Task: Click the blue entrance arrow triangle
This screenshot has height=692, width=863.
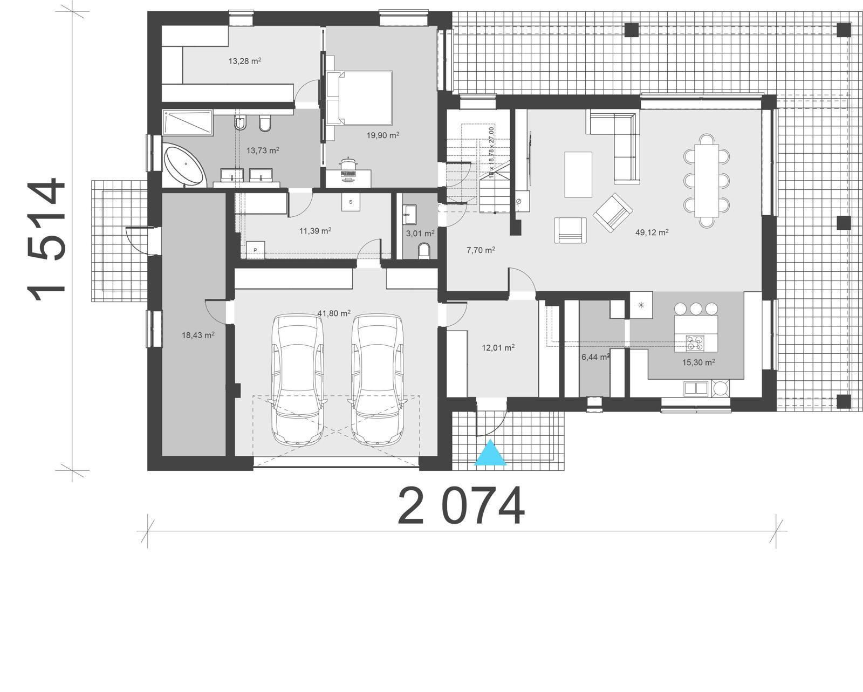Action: coord(490,454)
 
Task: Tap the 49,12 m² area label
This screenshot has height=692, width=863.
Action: coord(652,232)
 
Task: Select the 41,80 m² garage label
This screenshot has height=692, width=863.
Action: coord(334,313)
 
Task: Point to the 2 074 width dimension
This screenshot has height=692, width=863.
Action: coord(461,506)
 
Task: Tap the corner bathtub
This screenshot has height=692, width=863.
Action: coord(185,165)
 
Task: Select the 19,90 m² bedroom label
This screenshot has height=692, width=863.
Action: coord(383,135)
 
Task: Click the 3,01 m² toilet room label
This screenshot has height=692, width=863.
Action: coord(420,234)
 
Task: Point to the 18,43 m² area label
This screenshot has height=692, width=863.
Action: coord(198,335)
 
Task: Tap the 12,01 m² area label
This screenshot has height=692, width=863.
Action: coord(497,348)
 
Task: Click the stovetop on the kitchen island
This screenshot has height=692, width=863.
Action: coord(695,342)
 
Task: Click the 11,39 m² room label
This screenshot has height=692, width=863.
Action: coord(315,231)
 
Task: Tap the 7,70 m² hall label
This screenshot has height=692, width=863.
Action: coord(480,250)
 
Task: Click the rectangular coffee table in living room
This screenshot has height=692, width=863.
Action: coord(578,174)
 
